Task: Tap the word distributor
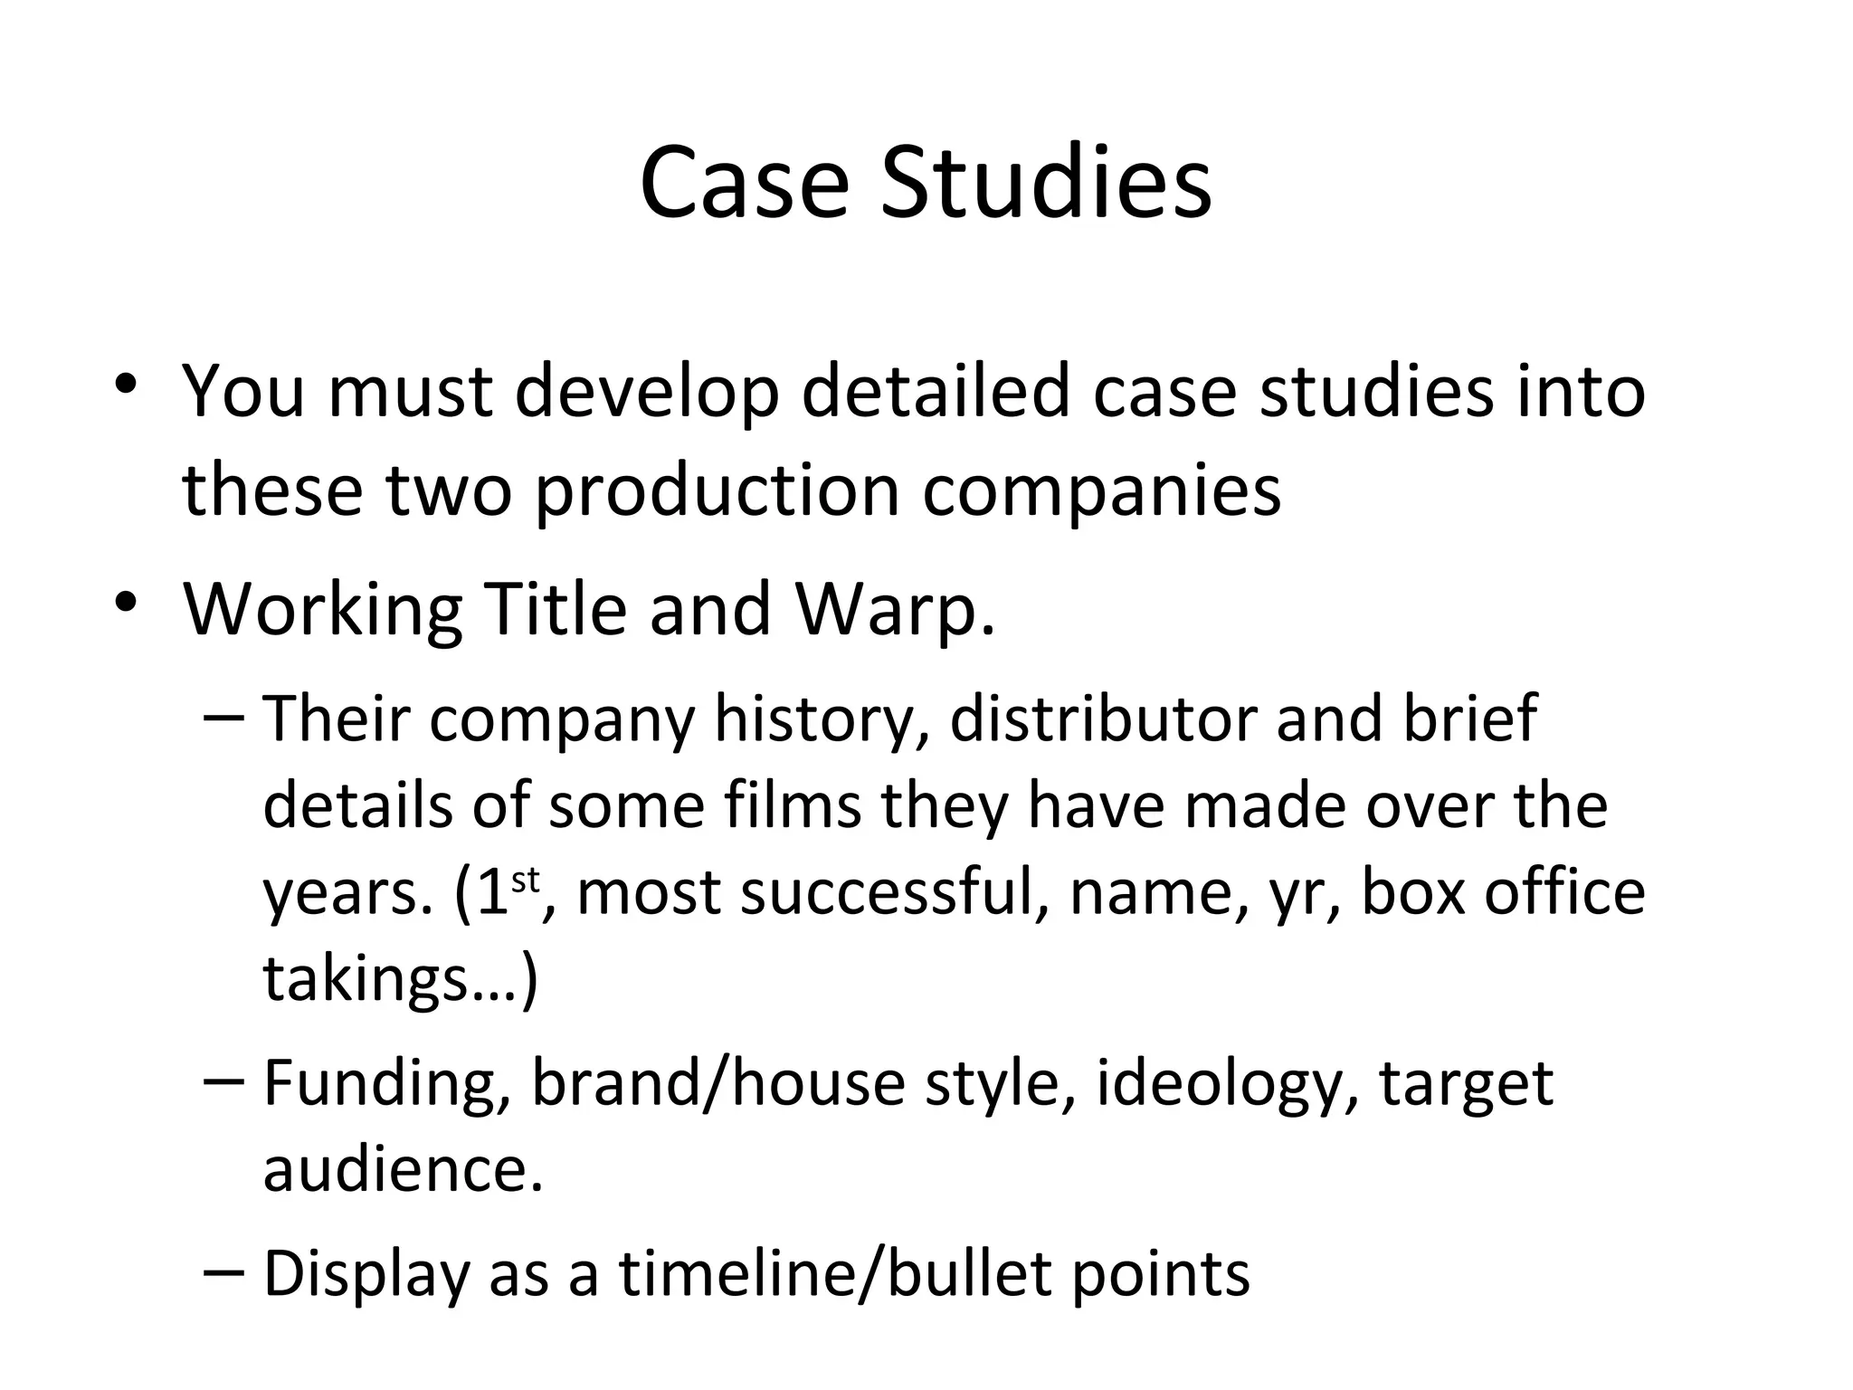(1100, 719)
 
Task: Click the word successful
(894, 893)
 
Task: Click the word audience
(403, 1169)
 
